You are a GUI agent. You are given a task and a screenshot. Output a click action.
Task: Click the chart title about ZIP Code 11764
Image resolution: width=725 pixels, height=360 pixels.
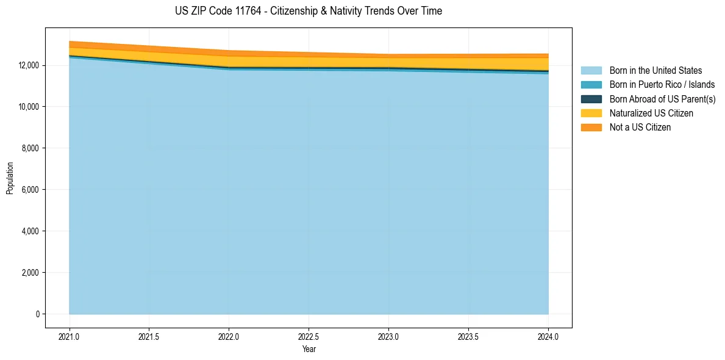click(308, 11)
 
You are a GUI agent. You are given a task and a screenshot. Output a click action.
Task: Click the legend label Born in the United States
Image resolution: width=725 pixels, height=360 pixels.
click(655, 71)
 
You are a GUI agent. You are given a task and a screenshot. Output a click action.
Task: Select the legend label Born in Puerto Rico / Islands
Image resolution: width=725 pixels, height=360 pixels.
click(662, 85)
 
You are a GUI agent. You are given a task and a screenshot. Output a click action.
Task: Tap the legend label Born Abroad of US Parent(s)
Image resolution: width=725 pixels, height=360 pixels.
click(662, 99)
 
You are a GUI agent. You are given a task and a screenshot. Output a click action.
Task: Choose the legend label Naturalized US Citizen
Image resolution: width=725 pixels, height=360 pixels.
click(651, 113)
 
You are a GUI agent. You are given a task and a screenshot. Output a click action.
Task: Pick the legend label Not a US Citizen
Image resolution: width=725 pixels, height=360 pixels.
click(640, 128)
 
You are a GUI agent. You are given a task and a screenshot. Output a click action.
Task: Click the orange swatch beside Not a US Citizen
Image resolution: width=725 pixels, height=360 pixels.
click(591, 128)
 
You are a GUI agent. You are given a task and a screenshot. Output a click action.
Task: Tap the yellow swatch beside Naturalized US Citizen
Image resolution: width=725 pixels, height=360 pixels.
click(591, 113)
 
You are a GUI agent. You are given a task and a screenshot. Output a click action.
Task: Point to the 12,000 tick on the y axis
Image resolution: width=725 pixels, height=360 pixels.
click(29, 65)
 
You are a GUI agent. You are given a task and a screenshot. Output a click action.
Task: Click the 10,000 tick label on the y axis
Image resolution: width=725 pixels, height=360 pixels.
click(29, 107)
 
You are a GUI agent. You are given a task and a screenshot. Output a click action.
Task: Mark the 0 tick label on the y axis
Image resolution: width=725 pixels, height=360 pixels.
click(37, 314)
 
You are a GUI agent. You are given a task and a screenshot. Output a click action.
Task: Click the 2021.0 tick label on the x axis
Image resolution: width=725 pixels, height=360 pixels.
click(70, 336)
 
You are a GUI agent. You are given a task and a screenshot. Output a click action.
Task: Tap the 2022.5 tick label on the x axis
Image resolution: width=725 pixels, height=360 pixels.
click(309, 336)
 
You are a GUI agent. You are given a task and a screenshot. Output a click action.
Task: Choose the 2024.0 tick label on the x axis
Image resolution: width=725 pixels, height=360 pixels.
click(548, 336)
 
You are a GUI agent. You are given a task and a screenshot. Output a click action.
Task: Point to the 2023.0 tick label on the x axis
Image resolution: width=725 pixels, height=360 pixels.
click(388, 336)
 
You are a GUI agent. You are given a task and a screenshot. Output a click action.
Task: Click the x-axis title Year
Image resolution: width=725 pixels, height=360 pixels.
click(309, 350)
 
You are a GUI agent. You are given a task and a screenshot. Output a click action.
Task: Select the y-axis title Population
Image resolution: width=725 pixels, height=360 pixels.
click(10, 178)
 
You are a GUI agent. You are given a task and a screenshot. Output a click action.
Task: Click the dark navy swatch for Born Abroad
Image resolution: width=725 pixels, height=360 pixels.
click(591, 99)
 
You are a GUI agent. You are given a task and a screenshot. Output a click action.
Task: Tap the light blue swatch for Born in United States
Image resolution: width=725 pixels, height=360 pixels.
click(591, 71)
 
